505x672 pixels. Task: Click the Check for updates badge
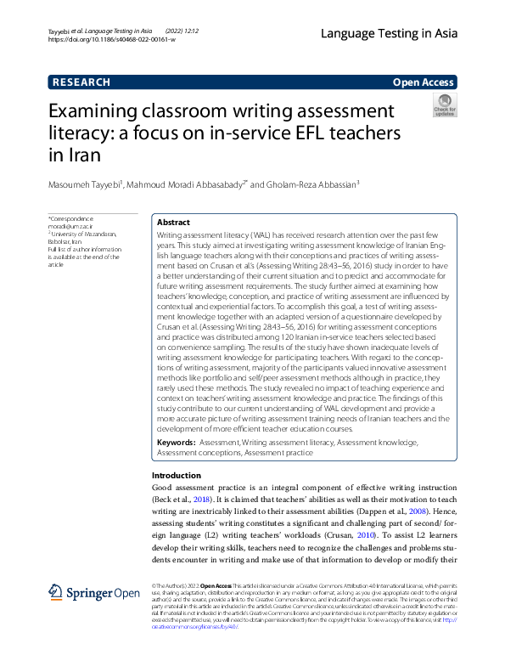444,106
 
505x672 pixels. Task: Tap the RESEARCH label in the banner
81,82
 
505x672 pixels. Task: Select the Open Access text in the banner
424,82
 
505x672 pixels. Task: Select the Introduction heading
177,476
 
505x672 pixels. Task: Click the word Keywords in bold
177,443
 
